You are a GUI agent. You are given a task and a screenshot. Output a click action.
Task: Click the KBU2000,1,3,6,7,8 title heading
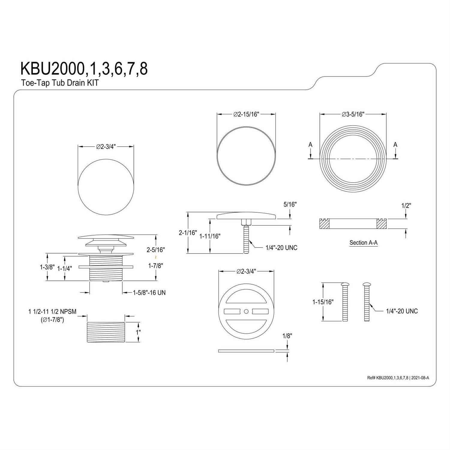pyautogui.click(x=84, y=69)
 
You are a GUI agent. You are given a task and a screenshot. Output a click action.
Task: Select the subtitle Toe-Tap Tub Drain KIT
pyautogui.click(x=60, y=83)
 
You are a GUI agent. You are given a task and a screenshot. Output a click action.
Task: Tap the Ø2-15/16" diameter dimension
pyautogui.click(x=246, y=114)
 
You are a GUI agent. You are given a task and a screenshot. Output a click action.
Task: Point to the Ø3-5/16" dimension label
pyautogui.click(x=353, y=114)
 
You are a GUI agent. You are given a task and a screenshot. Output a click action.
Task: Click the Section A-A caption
pyautogui.click(x=363, y=243)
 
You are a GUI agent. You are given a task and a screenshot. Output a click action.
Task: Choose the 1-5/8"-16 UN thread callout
pyautogui.click(x=149, y=292)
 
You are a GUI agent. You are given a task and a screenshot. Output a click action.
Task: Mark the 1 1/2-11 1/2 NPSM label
pyautogui.click(x=52, y=312)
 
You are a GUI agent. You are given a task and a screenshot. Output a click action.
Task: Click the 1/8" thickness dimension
pyautogui.click(x=287, y=336)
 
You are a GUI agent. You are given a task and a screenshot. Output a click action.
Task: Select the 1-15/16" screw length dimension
pyautogui.click(x=323, y=302)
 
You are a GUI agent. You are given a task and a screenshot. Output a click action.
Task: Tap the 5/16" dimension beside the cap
pyautogui.click(x=290, y=204)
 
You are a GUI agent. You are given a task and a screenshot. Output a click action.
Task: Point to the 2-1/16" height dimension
pyautogui.click(x=188, y=232)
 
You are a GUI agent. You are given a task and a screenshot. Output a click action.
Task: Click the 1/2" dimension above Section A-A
pyautogui.click(x=406, y=205)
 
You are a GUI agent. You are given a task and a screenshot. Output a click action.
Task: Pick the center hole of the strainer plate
pyautogui.click(x=246, y=312)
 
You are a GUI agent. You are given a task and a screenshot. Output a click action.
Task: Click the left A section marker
pyautogui.click(x=310, y=145)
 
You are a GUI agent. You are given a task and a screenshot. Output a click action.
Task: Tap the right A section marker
pyautogui.click(x=395, y=145)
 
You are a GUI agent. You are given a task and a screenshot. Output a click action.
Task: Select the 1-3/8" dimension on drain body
pyautogui.click(x=47, y=267)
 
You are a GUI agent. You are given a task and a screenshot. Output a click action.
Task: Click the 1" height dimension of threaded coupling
pyautogui.click(x=138, y=332)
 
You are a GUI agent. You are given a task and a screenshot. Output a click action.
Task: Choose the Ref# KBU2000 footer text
pyautogui.click(x=398, y=378)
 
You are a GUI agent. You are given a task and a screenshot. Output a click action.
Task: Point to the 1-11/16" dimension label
pyautogui.click(x=210, y=236)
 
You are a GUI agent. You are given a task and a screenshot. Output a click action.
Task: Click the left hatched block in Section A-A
pyautogui.click(x=324, y=224)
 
